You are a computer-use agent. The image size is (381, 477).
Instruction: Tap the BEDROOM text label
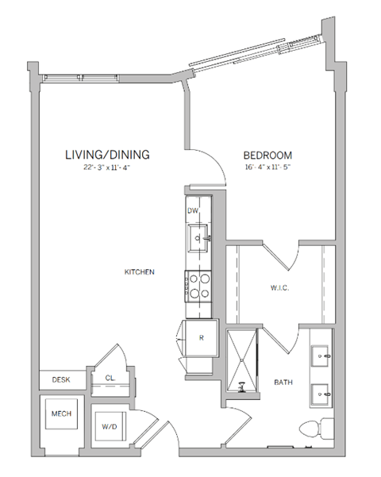267,155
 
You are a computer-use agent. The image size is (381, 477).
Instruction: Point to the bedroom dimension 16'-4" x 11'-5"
267,168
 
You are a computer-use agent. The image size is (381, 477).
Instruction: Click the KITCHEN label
139,272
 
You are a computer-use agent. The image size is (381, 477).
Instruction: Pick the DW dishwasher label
192,211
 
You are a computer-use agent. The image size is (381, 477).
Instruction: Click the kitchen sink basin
198,235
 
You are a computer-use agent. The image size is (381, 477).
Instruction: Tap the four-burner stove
198,284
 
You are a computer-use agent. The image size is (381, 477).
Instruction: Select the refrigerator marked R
201,337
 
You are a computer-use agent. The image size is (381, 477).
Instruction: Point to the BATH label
283,382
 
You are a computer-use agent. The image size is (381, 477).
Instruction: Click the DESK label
61,379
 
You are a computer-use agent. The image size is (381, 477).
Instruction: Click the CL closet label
110,378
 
